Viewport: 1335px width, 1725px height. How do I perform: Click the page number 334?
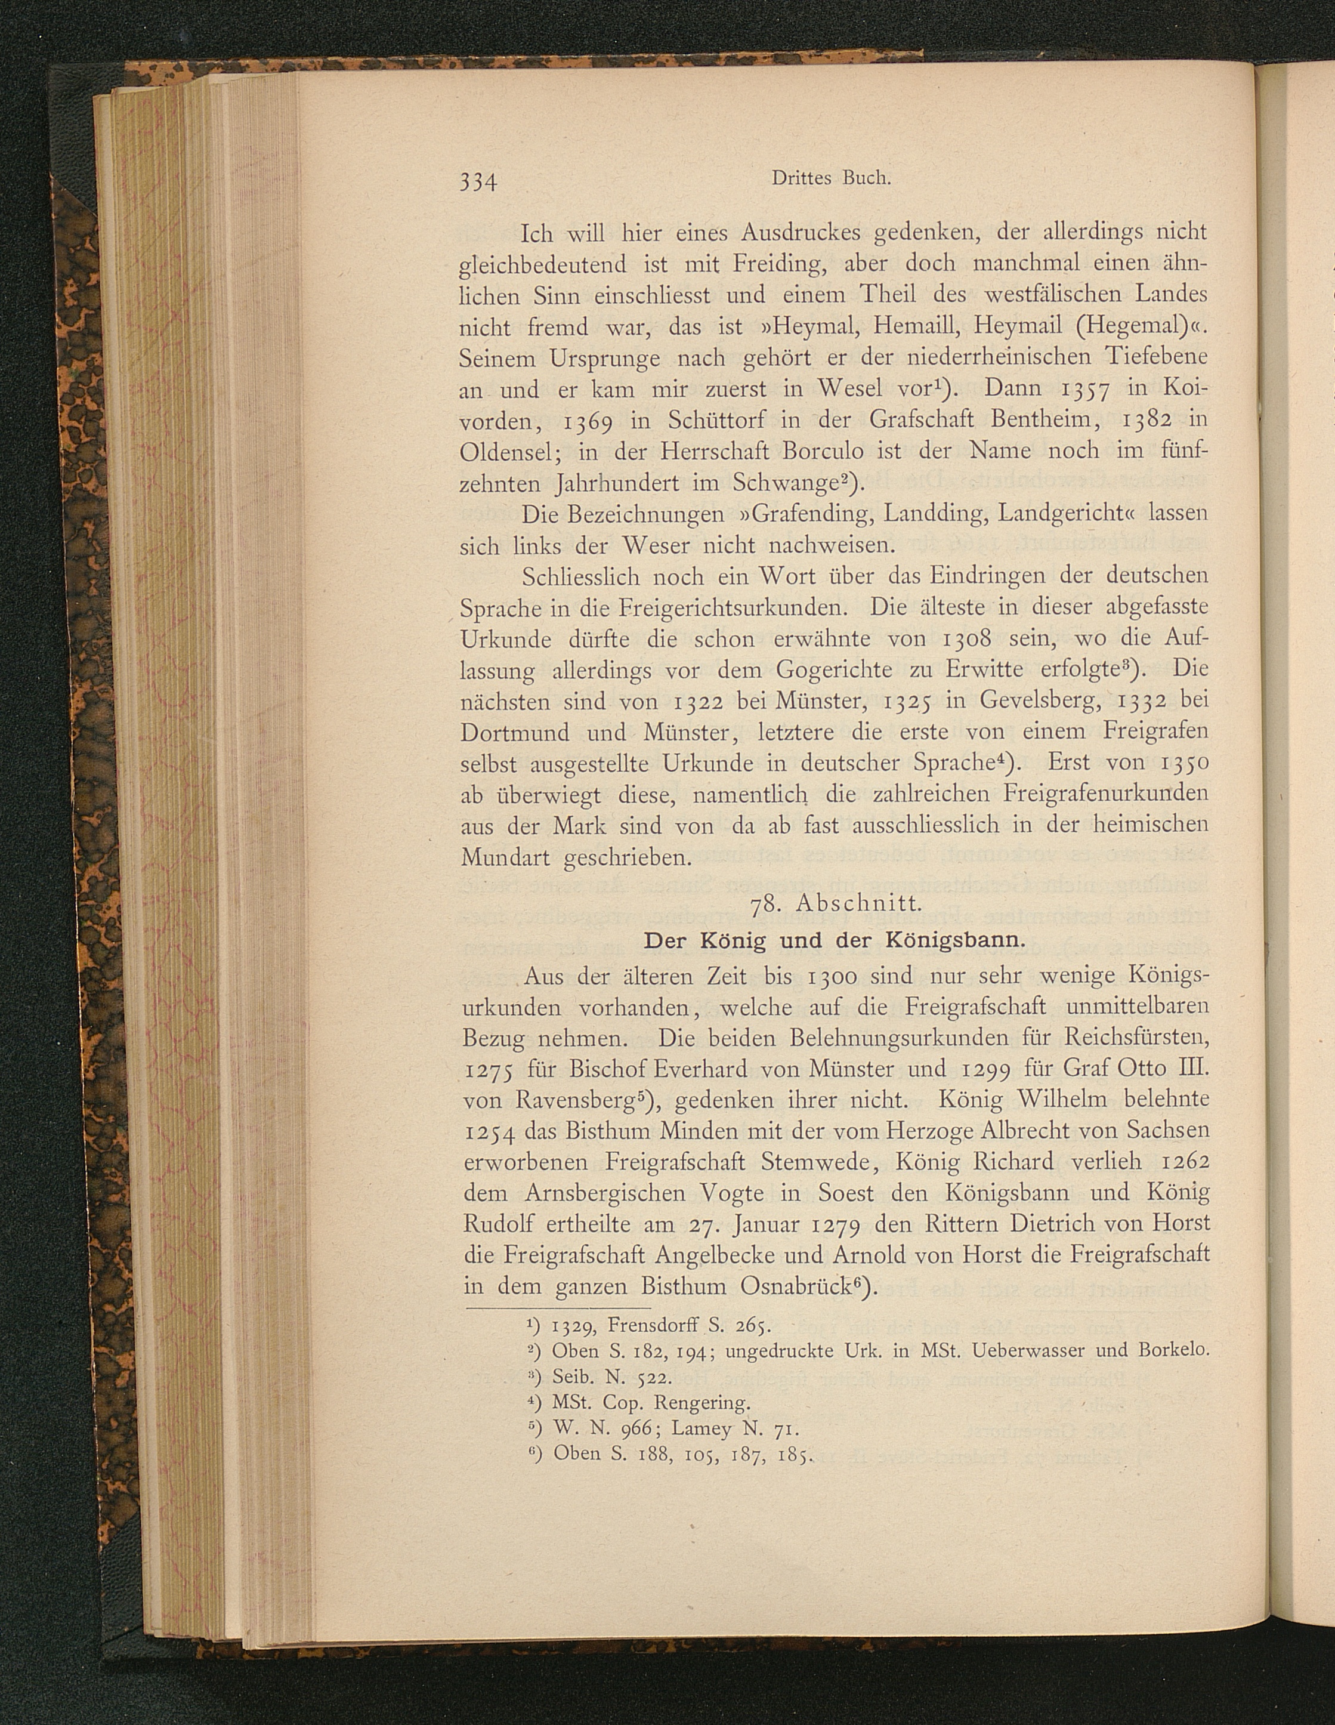[x=478, y=181]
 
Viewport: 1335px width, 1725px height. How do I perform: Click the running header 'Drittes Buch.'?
[x=829, y=178]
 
